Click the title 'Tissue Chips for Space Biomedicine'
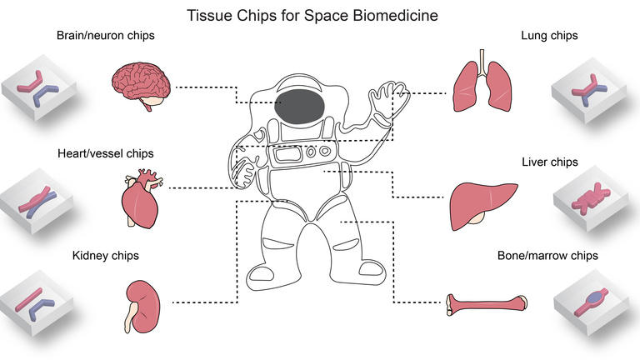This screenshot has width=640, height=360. coord(319,15)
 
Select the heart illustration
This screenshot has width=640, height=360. coord(139,202)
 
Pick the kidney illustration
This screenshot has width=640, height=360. coord(141,301)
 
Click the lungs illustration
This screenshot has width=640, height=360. coord(481,83)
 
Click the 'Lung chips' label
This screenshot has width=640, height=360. coord(549,36)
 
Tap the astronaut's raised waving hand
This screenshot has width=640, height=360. coord(387,99)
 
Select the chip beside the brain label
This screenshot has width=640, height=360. coord(41,89)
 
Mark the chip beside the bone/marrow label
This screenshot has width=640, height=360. coord(593,301)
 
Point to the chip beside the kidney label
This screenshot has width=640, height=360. coord(41,301)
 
